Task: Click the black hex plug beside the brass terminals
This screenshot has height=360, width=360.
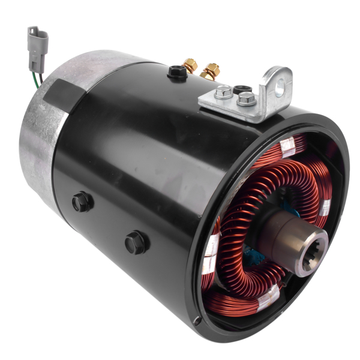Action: (x=176, y=72)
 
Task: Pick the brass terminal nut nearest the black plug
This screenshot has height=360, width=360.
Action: (x=190, y=65)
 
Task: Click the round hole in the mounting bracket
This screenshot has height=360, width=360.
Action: (x=278, y=83)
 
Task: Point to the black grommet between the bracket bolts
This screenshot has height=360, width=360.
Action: (x=242, y=89)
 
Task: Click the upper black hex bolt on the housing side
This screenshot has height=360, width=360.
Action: (x=82, y=202)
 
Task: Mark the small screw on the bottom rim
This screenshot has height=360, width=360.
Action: (x=197, y=321)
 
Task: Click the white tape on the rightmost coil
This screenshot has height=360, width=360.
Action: (x=325, y=206)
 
